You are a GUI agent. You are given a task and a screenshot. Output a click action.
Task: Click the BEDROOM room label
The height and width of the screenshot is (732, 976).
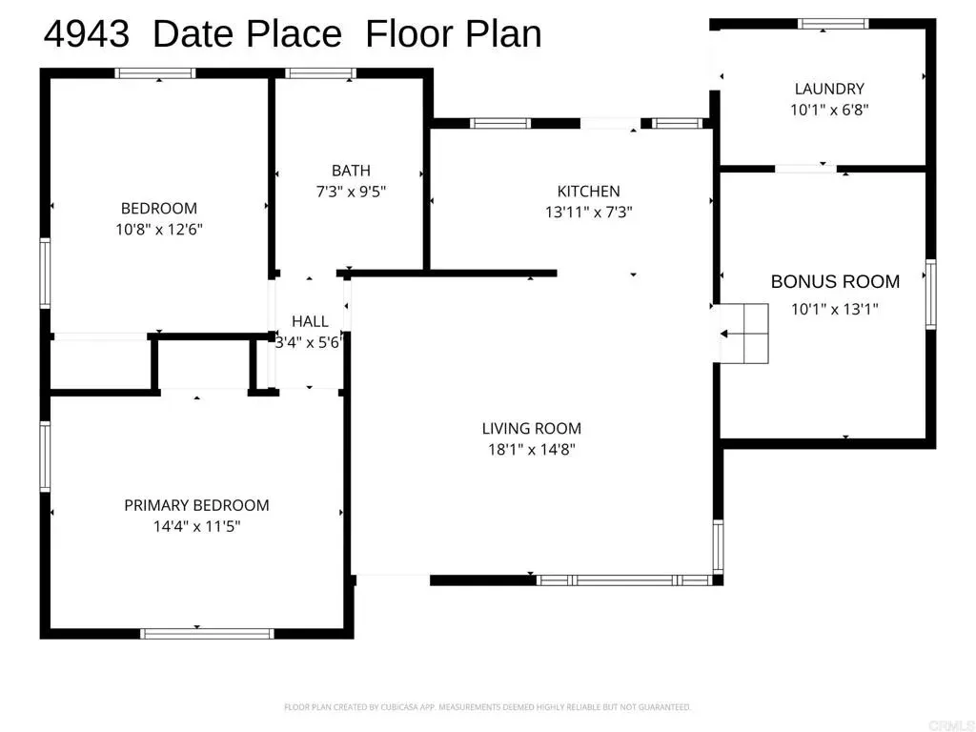click(x=159, y=208)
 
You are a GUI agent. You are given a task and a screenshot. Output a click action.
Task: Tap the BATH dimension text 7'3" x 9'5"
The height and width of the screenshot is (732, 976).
click(x=351, y=191)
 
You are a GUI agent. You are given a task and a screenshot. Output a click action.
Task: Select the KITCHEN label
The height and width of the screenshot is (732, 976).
click(x=588, y=191)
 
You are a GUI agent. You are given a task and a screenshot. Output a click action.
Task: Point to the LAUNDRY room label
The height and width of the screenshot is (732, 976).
click(x=829, y=89)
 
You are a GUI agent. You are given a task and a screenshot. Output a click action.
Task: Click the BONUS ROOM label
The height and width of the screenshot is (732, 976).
click(x=835, y=281)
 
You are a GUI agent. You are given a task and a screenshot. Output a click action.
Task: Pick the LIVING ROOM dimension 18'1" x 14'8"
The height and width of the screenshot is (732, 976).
click(x=532, y=449)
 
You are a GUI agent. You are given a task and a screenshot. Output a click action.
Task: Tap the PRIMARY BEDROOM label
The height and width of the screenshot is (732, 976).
click(x=196, y=505)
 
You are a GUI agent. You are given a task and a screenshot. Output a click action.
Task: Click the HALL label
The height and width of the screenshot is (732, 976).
click(x=310, y=321)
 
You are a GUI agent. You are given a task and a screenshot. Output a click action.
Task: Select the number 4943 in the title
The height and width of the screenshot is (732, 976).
click(x=87, y=33)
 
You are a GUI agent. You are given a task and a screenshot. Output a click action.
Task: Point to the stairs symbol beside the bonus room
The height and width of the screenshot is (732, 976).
click(x=744, y=334)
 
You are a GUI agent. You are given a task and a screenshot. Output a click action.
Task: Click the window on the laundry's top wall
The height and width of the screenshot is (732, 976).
click(x=833, y=24)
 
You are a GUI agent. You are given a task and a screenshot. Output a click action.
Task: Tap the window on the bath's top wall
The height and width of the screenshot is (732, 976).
click(x=320, y=72)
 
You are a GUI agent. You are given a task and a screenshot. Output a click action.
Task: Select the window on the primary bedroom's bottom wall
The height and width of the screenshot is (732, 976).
click(x=207, y=634)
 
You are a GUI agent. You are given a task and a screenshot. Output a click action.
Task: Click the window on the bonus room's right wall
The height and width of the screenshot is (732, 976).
click(x=930, y=294)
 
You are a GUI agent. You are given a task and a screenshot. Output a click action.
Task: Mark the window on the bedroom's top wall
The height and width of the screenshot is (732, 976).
click(x=155, y=72)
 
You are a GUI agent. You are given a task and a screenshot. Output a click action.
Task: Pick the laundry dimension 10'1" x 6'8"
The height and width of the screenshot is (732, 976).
click(x=829, y=110)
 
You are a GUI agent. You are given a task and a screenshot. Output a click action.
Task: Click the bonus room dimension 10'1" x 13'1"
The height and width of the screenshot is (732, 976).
click(x=835, y=309)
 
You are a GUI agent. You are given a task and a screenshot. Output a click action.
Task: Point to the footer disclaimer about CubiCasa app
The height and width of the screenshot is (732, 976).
click(x=487, y=707)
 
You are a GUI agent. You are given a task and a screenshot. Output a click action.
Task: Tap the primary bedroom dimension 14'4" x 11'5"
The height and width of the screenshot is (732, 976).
click(x=196, y=526)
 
